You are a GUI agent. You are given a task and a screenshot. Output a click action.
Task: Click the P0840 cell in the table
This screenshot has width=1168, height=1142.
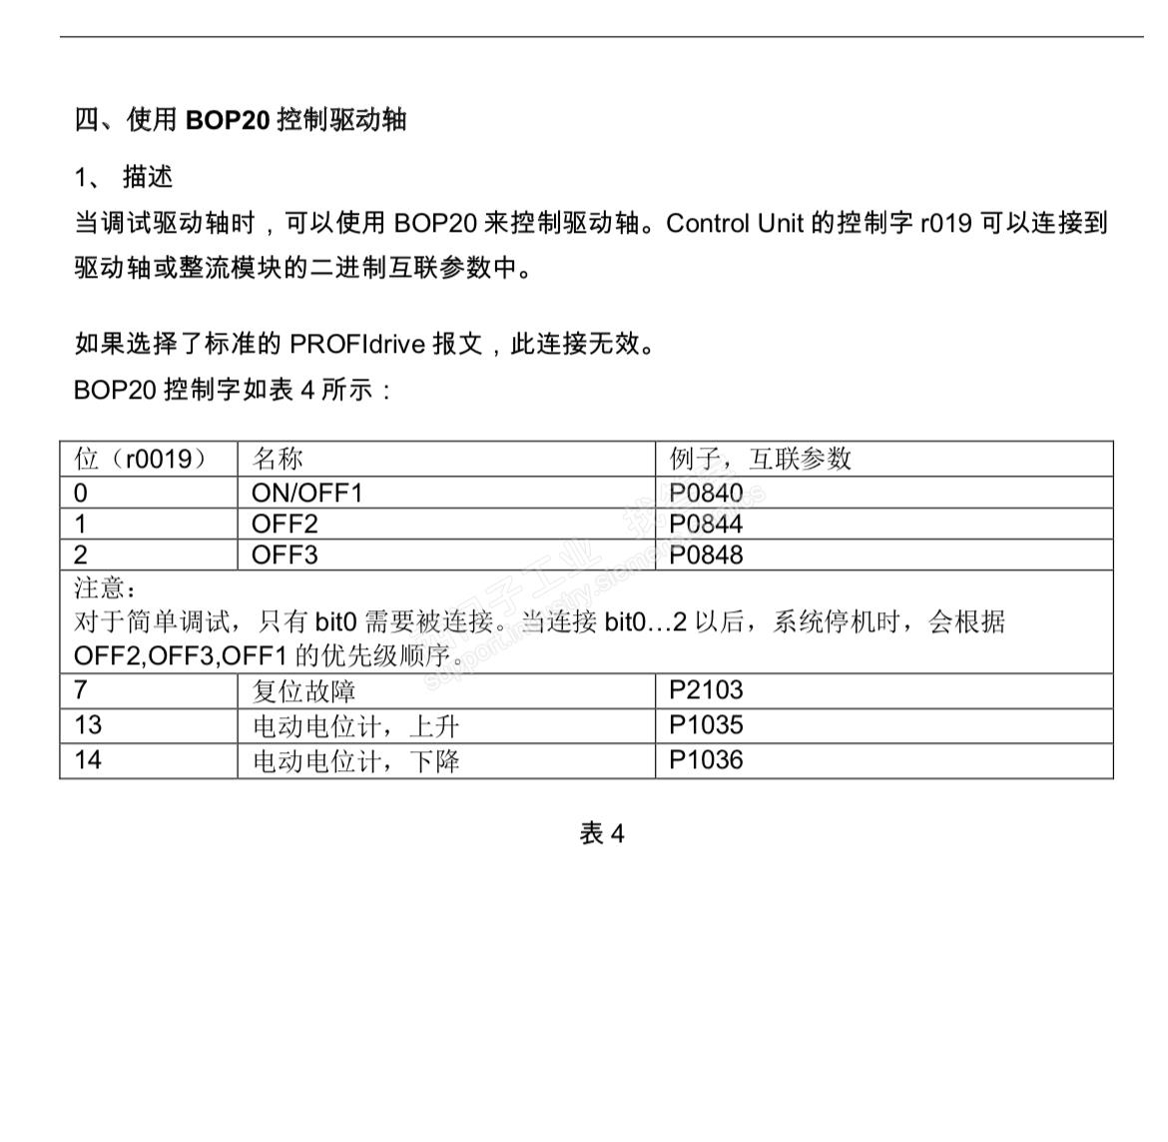click(706, 493)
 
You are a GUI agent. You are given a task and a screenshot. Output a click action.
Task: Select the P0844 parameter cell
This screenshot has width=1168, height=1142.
click(706, 524)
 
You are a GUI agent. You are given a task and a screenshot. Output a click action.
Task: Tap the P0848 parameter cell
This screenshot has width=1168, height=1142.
click(706, 555)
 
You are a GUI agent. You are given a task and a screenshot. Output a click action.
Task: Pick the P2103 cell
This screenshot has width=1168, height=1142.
click(706, 689)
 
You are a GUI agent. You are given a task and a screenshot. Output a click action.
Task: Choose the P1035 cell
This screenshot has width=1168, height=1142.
click(706, 725)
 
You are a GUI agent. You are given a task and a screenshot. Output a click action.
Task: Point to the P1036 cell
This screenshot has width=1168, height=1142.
click(706, 760)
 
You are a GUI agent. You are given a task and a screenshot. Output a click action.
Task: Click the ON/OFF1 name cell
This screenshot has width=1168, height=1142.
click(306, 493)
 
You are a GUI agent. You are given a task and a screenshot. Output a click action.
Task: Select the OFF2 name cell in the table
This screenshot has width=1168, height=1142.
click(285, 524)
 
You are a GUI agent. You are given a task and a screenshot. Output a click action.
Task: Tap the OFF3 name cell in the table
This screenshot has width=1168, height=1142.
click(285, 555)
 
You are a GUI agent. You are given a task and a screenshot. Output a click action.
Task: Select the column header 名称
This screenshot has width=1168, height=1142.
click(277, 459)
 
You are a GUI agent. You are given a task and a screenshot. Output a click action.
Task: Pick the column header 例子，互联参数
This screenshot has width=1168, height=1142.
click(760, 459)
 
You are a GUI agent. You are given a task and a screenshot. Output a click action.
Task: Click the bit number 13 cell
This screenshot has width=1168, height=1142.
click(88, 725)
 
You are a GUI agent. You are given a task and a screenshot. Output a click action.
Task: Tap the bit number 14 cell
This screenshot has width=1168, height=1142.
click(88, 760)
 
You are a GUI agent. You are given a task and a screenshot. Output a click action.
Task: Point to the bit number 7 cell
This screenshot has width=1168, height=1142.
click(81, 689)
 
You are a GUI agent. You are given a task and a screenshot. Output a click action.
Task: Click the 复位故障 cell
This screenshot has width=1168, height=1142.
click(303, 691)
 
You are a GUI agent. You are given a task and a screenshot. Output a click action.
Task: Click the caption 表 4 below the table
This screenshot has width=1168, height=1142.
click(602, 833)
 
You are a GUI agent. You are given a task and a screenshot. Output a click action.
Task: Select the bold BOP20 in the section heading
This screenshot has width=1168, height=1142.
click(228, 120)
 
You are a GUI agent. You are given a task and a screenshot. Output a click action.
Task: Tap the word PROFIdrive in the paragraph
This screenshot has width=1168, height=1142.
click(357, 345)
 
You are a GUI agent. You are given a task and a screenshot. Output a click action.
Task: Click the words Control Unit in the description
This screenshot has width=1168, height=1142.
click(734, 223)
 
